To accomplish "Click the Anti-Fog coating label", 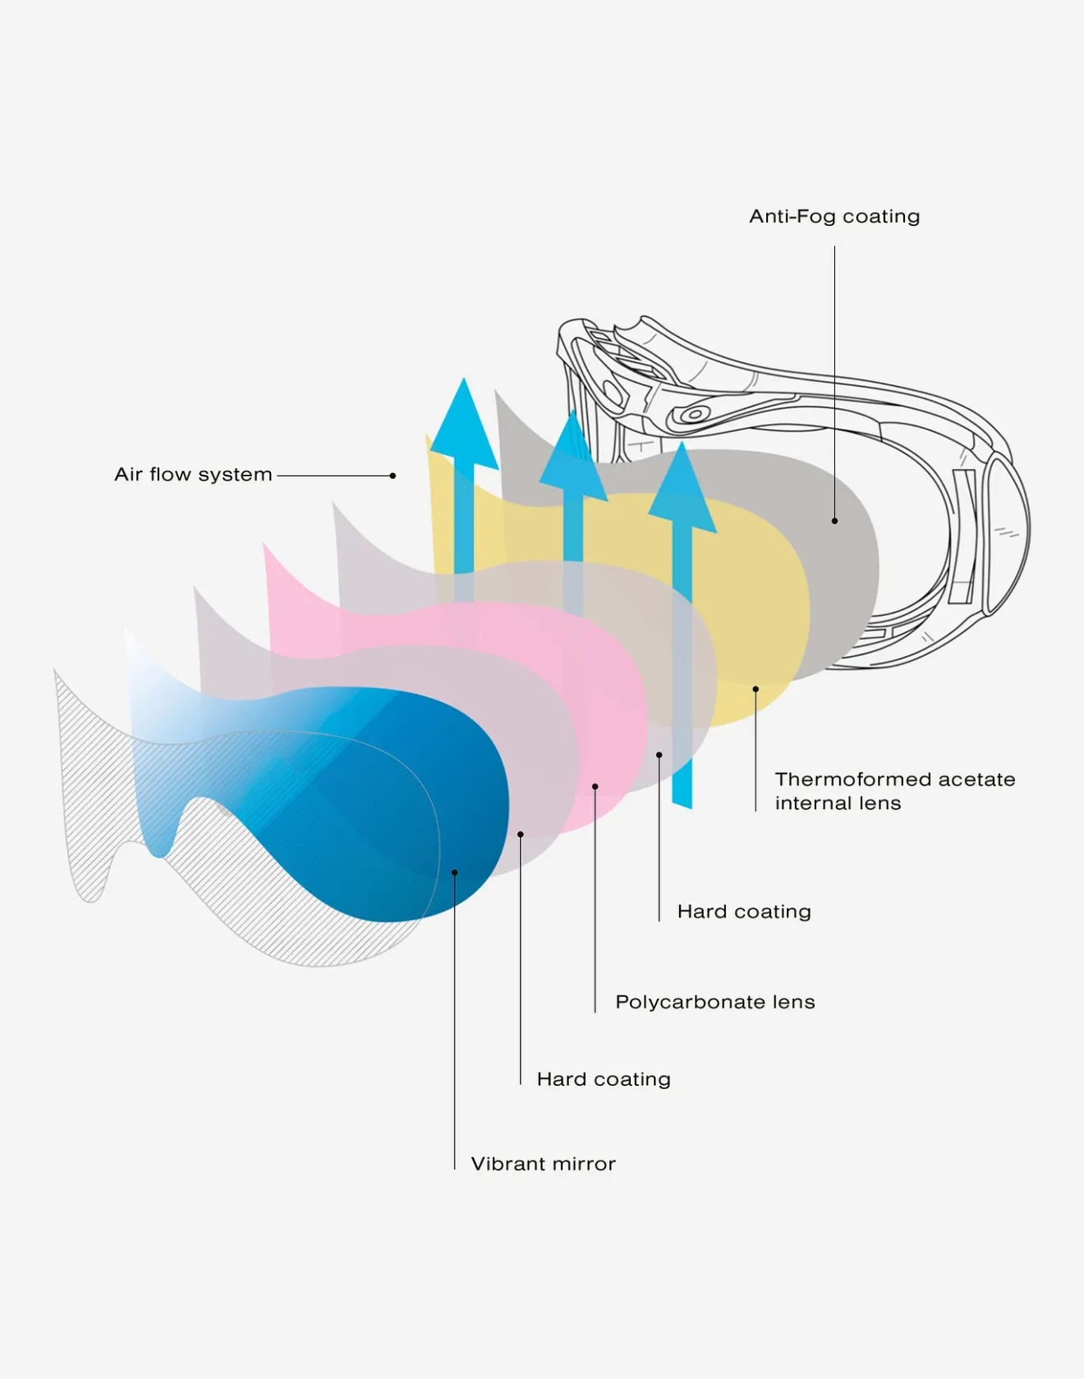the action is (834, 217).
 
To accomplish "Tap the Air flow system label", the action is (193, 475).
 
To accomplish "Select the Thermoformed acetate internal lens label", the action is (895, 791).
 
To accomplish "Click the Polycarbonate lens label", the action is (715, 1002).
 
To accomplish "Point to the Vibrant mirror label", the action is (543, 1164).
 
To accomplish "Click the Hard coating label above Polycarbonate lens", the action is (744, 912).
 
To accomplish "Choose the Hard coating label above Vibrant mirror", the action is (604, 1079).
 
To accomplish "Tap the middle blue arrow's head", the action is (573, 457).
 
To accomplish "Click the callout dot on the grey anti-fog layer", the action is (834, 521).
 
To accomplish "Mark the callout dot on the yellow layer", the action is (756, 689).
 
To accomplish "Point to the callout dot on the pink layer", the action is (595, 787).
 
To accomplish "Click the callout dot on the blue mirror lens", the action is (454, 872).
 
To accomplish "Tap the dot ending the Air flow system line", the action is (393, 476).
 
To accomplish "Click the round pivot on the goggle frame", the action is (694, 413).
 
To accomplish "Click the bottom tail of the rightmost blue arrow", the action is (682, 801).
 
